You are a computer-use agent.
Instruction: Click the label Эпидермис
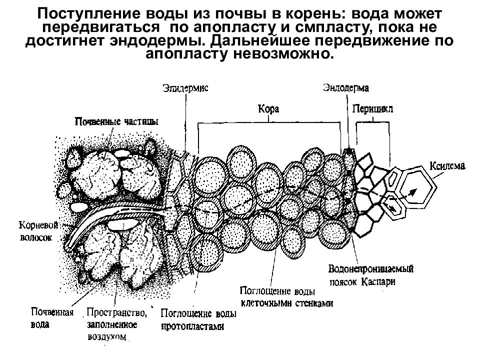pos(185,88)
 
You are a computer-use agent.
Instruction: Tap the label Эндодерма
pos(346,88)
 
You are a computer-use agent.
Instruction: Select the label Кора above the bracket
pos(268,109)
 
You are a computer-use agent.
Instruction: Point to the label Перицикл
pos(372,108)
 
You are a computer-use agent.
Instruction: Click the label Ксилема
pos(447,166)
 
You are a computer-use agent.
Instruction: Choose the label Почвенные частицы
pos(116,121)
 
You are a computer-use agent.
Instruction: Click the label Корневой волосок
pos(38,231)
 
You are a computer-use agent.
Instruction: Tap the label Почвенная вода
pos(52,318)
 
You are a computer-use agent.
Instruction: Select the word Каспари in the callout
pos(378,281)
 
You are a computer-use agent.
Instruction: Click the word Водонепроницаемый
pos(371,269)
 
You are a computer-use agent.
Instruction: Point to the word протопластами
pos(192,326)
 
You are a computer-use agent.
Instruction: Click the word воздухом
pos(107,337)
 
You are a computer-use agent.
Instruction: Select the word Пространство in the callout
pos(116,312)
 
